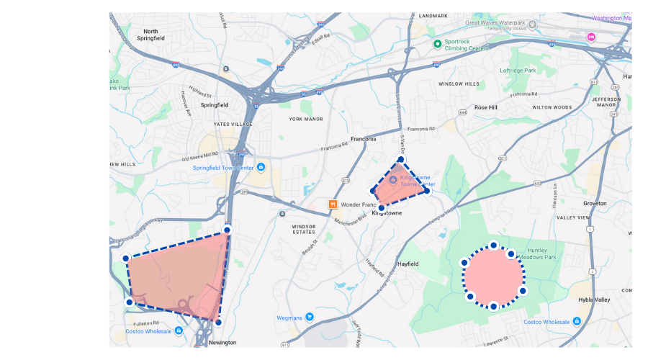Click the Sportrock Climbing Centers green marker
coord(437,44)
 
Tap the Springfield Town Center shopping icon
coord(261,168)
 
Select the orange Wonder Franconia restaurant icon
coord(333,204)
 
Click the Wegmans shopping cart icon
coord(310,317)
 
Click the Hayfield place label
coord(408,264)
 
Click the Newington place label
coord(222,343)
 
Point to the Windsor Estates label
coord(304,230)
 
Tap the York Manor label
coord(306,119)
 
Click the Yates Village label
coord(233,125)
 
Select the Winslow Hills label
coord(459,84)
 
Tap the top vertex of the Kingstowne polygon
coord(401,159)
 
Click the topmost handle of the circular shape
coord(493,246)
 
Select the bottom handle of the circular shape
coord(493,306)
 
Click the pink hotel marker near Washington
coord(592,37)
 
